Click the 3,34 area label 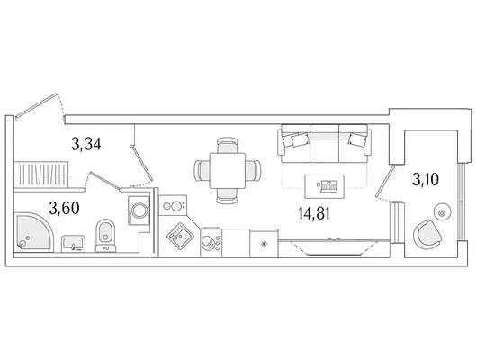tap(86, 144)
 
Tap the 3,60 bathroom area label tap(64, 209)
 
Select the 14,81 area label tap(314, 213)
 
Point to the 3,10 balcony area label tap(426, 179)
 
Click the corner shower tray tap(33, 233)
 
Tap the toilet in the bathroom tap(105, 236)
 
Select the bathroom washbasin tap(73, 244)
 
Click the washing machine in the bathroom tap(139, 211)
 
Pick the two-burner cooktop tap(173, 205)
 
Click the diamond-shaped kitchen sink tap(180, 235)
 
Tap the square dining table tap(228, 170)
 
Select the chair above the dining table tap(227, 145)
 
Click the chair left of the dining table tap(202, 170)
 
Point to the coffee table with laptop tap(325, 186)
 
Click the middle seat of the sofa tap(324, 143)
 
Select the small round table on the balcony tap(443, 211)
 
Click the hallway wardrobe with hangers tap(40, 174)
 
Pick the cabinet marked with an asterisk tap(264, 243)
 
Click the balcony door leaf tap(384, 181)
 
